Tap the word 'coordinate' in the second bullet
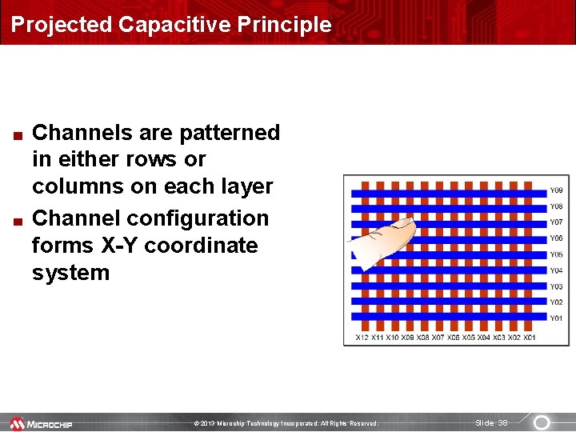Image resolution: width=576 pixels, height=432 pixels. [x=208, y=246]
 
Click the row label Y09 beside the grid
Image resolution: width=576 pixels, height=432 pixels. [x=555, y=191]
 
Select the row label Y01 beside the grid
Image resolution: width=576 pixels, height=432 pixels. [x=555, y=318]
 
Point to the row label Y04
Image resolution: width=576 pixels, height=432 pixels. [x=555, y=271]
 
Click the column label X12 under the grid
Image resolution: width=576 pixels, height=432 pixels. [x=362, y=338]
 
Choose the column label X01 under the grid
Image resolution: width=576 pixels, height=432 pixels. [x=530, y=338]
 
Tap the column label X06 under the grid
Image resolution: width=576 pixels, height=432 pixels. [x=454, y=338]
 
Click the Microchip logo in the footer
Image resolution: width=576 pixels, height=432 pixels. [x=41, y=423]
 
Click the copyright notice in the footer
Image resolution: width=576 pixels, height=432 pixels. [x=286, y=423]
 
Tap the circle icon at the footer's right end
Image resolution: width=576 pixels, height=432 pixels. [x=542, y=422]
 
